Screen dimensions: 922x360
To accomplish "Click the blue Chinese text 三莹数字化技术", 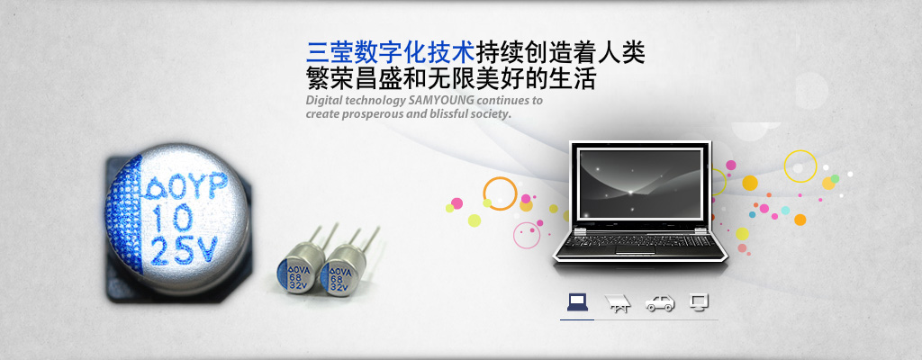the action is (391, 53).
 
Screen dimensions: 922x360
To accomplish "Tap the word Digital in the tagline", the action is (323, 101).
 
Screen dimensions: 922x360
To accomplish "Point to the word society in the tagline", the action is (491, 113).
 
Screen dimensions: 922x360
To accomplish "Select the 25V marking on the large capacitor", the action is (184, 250).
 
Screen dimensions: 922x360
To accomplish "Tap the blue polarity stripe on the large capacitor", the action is (125, 215).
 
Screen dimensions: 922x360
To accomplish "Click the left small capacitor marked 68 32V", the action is (301, 267).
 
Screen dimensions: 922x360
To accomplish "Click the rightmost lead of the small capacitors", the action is (370, 239).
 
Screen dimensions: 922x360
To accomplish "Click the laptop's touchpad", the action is (636, 250).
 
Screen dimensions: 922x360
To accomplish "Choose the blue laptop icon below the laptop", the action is (577, 302).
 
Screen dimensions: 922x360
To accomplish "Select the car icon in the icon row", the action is (660, 303).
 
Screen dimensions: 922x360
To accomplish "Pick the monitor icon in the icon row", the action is (699, 302).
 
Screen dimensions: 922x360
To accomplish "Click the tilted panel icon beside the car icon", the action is (618, 303).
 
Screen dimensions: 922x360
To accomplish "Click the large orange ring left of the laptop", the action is (484, 193).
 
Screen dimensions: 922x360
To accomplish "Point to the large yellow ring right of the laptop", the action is (784, 166).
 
